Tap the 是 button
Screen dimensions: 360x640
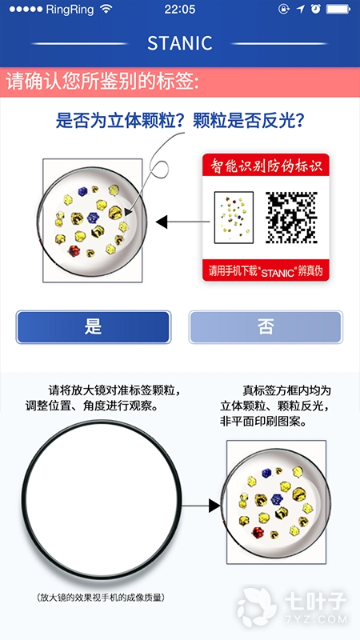(x=93, y=327)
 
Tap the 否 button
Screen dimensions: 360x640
(x=266, y=327)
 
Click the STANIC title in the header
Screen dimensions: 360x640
(x=179, y=43)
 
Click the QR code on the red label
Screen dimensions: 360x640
(x=291, y=218)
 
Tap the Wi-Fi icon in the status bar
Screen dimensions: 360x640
(x=106, y=10)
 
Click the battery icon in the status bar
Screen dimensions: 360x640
(x=338, y=9)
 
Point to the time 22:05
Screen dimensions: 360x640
(x=180, y=10)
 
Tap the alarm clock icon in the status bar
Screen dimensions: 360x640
(x=314, y=9)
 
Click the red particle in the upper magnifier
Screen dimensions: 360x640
(x=74, y=250)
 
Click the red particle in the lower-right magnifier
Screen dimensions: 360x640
(x=258, y=532)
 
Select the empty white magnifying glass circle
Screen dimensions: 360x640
(x=102, y=503)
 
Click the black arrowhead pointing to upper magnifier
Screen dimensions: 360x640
(x=162, y=222)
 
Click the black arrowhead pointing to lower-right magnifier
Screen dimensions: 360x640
(x=214, y=506)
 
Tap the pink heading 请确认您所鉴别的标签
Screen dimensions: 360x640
(x=103, y=82)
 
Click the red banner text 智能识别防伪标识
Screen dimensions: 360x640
(x=266, y=166)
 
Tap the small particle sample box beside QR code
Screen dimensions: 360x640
(x=234, y=218)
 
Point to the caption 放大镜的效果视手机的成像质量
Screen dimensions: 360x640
(x=100, y=598)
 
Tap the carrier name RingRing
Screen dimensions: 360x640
(x=70, y=10)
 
